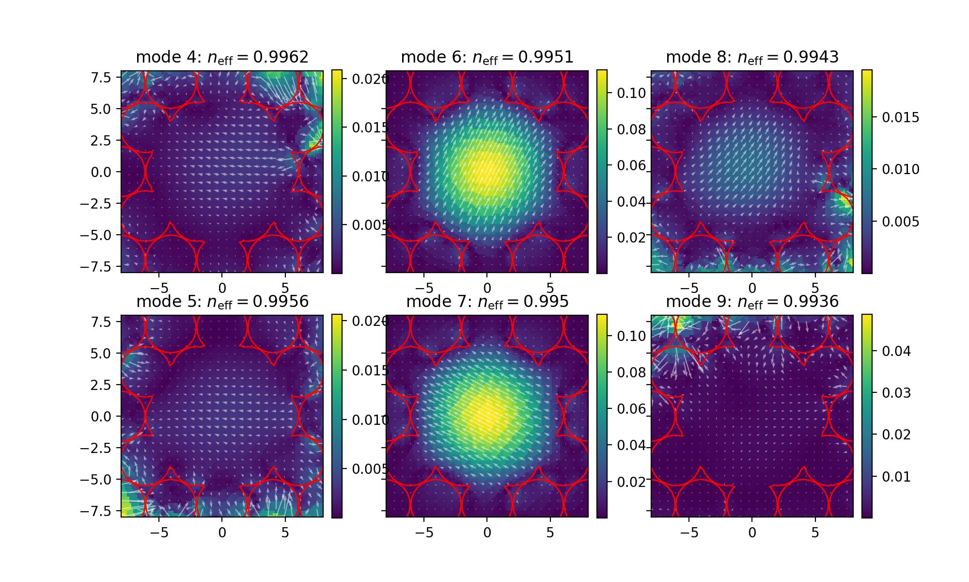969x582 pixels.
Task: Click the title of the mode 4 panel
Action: click(222, 57)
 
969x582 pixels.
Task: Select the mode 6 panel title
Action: click(487, 57)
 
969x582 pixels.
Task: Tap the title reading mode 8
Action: click(752, 57)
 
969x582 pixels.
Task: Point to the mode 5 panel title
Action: click(222, 302)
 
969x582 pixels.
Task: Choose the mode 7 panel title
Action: click(487, 302)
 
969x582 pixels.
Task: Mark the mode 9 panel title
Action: click(752, 302)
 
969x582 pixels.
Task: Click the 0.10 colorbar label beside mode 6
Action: click(631, 93)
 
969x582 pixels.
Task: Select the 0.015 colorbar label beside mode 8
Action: click(900, 117)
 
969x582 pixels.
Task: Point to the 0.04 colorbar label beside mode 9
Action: click(896, 351)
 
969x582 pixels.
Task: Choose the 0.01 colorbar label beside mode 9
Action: click(896, 477)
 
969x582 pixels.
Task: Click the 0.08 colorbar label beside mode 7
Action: click(631, 372)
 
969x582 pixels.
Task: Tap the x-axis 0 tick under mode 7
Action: click(487, 533)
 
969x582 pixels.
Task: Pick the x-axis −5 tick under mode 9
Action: click(689, 533)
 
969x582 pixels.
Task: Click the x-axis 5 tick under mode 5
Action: click(285, 533)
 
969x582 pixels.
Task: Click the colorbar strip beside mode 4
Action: click(337, 172)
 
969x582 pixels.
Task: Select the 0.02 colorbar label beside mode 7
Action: click(631, 482)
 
